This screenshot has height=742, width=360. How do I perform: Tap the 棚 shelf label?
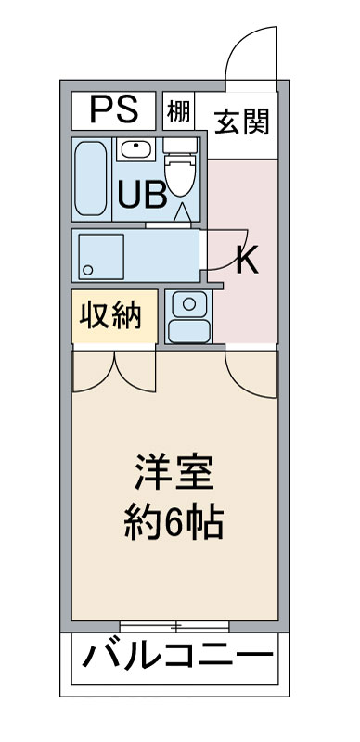(178, 113)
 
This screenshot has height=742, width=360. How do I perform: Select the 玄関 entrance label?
(242, 122)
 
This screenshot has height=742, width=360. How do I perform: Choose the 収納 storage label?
(109, 316)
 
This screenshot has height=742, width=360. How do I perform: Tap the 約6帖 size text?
(174, 524)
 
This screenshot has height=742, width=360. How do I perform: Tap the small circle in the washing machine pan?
(87, 270)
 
